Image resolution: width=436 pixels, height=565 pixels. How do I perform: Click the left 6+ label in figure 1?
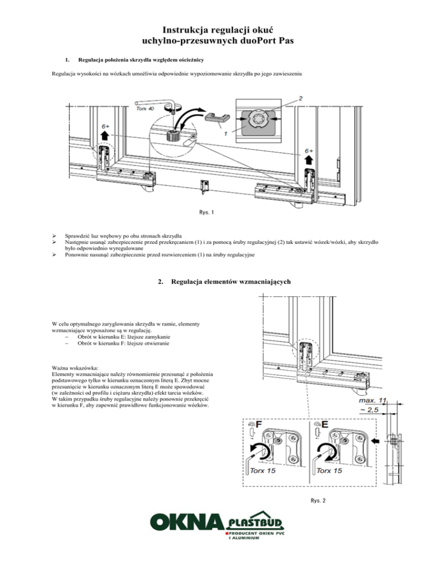point(107,126)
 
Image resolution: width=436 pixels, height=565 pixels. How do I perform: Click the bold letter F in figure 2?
point(258,425)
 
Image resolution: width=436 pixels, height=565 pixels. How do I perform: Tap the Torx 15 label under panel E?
point(329,471)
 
